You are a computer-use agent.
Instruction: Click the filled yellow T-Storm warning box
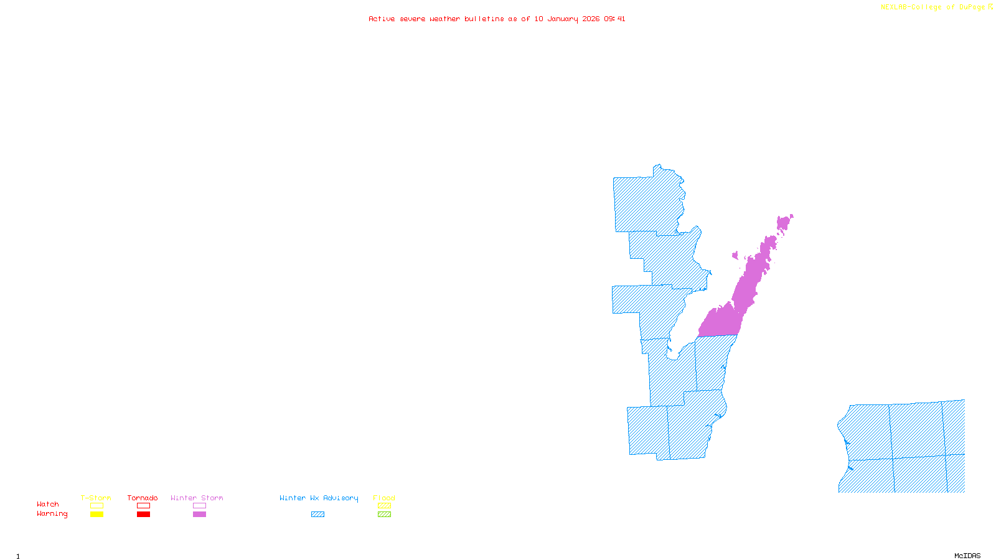click(x=96, y=515)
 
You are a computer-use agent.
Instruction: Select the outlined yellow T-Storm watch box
click(x=96, y=506)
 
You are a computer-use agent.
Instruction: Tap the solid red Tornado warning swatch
click(x=143, y=515)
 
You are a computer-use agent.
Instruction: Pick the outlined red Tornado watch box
click(x=143, y=506)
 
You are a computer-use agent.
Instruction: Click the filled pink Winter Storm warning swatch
click(x=199, y=515)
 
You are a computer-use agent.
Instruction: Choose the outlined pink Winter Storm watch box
click(x=199, y=506)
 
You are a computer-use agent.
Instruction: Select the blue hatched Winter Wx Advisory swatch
click(x=317, y=515)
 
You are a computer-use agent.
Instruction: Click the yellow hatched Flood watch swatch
click(x=384, y=506)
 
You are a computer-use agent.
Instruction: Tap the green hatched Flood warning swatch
click(x=384, y=515)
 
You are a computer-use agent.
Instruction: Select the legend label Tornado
click(x=143, y=498)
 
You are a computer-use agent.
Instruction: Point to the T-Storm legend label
click(x=96, y=498)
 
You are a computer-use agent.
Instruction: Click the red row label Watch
click(x=48, y=505)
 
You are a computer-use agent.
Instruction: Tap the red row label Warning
click(x=52, y=514)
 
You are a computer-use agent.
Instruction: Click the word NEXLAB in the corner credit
click(x=894, y=7)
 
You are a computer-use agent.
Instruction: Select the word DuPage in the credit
click(x=972, y=7)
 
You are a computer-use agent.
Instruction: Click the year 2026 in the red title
click(x=591, y=19)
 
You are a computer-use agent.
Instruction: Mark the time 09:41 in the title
click(x=614, y=19)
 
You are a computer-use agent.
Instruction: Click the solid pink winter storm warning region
click(x=722, y=321)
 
